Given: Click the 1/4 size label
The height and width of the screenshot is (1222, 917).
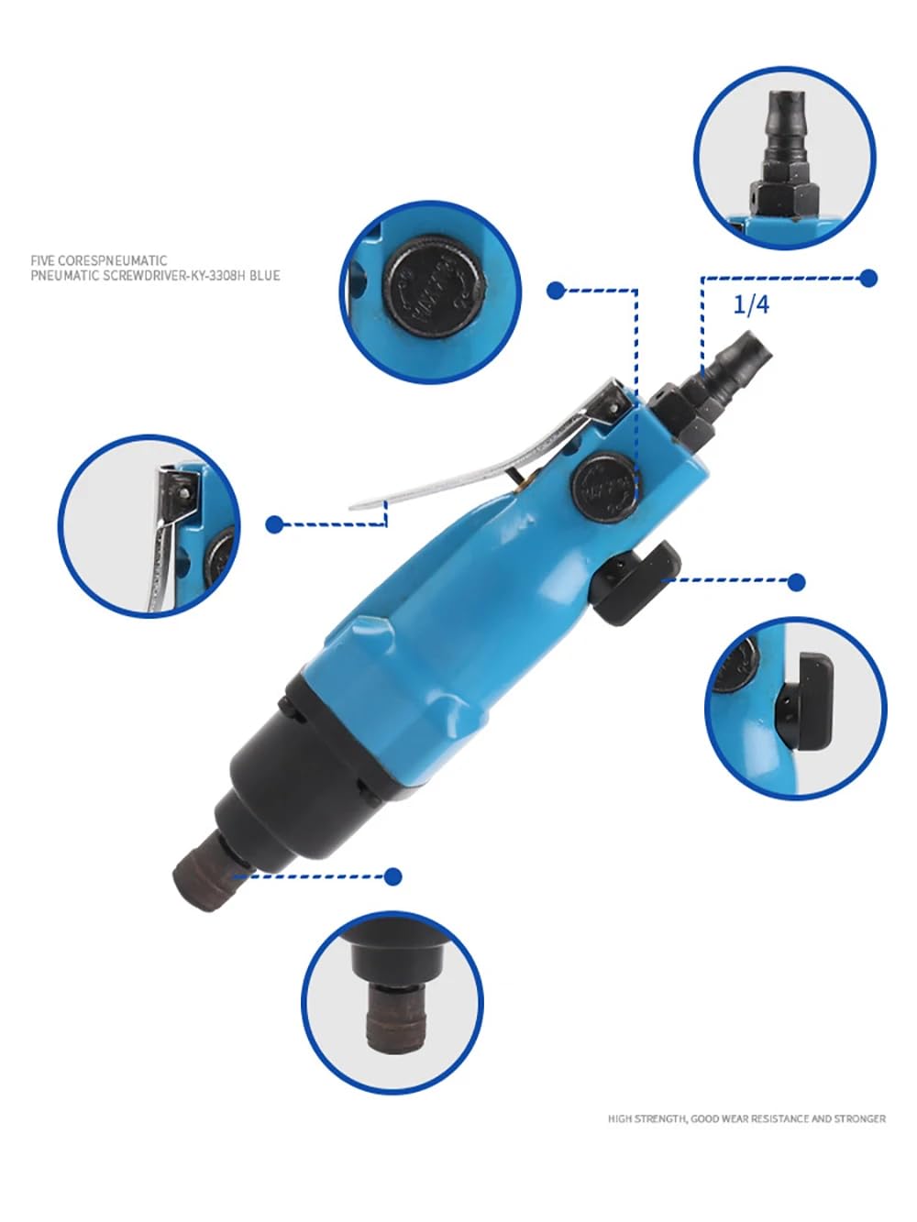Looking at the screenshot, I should [751, 304].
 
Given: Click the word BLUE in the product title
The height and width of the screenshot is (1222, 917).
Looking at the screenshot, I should [263, 275].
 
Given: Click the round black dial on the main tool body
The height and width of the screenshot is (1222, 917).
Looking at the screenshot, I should [602, 484].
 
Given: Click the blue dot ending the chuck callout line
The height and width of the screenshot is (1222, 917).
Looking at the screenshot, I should [393, 877].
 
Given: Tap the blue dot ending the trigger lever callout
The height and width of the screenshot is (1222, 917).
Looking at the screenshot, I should [274, 524].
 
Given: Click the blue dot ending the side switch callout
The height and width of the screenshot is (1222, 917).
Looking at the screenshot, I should [797, 582].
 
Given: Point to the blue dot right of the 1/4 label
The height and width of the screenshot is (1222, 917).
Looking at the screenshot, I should [868, 278].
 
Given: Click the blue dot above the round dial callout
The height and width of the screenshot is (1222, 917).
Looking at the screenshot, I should [555, 291].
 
